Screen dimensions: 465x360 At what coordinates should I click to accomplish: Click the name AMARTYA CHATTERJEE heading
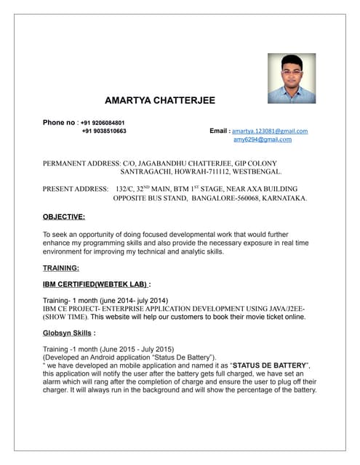tap(160, 100)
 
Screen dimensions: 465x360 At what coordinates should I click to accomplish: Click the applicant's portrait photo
tap(292, 78)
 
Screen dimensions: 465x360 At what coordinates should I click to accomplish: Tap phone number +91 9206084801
tap(103, 122)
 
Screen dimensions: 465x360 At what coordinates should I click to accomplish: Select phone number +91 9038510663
tap(104, 132)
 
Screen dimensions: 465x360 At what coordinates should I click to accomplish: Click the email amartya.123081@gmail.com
tap(270, 132)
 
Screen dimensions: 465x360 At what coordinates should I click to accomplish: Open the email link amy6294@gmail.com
tap(263, 139)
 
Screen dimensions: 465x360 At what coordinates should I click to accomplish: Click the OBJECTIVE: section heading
tap(64, 217)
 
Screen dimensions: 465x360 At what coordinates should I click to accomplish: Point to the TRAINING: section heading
tap(61, 268)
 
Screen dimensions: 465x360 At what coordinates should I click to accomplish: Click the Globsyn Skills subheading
tap(68, 333)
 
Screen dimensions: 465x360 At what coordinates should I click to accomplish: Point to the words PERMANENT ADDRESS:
tap(82, 163)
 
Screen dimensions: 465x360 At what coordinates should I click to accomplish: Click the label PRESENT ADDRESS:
tap(75, 188)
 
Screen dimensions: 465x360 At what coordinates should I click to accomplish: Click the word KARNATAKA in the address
tap(281, 198)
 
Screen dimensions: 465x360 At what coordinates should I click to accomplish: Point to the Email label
tap(219, 132)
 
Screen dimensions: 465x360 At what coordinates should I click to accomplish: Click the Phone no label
tap(59, 122)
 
